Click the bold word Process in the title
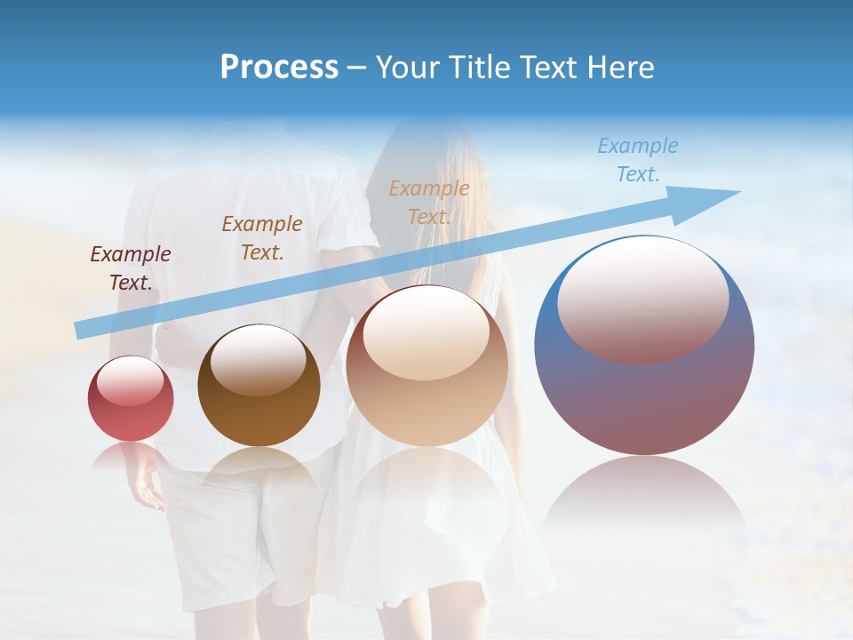279,68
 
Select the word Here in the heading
620,68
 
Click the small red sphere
131,398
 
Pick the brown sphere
259,386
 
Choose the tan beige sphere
427,366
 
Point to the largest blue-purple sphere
644,347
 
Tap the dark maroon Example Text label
131,268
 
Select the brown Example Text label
262,238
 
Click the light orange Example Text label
429,202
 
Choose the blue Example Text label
638,160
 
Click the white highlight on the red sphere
131,380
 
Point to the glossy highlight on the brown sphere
259,359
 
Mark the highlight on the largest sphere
643,299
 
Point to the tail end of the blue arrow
82,330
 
